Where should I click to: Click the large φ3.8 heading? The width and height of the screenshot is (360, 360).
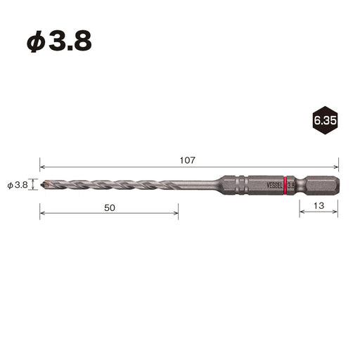(59, 41)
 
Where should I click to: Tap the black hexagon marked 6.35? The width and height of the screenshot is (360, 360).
(325, 120)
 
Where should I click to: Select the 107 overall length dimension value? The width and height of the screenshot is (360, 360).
(188, 160)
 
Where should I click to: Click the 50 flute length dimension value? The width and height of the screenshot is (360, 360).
(110, 208)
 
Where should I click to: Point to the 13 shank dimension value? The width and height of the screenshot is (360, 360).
(319, 206)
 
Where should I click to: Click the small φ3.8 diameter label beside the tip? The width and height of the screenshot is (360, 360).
(18, 186)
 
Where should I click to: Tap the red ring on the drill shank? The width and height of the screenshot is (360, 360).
(285, 186)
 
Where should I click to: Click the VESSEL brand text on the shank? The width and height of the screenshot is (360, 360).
(275, 186)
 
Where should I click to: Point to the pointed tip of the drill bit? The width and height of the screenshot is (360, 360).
(41, 184)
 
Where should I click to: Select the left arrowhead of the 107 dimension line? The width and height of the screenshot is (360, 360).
(42, 167)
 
